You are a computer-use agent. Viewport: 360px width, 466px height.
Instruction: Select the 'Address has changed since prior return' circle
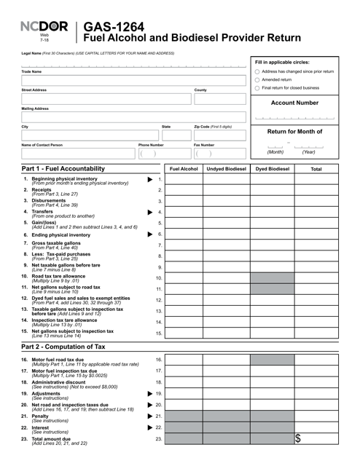[x=257, y=71]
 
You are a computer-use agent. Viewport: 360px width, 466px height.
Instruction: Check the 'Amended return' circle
[x=257, y=80]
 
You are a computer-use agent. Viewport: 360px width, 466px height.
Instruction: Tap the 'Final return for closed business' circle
[x=257, y=88]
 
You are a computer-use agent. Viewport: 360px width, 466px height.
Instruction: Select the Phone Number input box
[x=163, y=154]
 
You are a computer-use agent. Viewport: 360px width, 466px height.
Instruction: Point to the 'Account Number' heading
[x=295, y=103]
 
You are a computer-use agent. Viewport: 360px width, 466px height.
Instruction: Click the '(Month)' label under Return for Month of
[x=275, y=152]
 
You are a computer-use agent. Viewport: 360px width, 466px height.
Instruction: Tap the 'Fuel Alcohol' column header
[x=184, y=168]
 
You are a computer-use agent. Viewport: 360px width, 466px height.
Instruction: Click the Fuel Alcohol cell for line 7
[x=184, y=245]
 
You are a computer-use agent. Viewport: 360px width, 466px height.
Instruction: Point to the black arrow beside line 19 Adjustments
[x=150, y=394]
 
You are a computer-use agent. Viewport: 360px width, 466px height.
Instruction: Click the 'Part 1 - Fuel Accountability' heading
[x=64, y=168]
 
